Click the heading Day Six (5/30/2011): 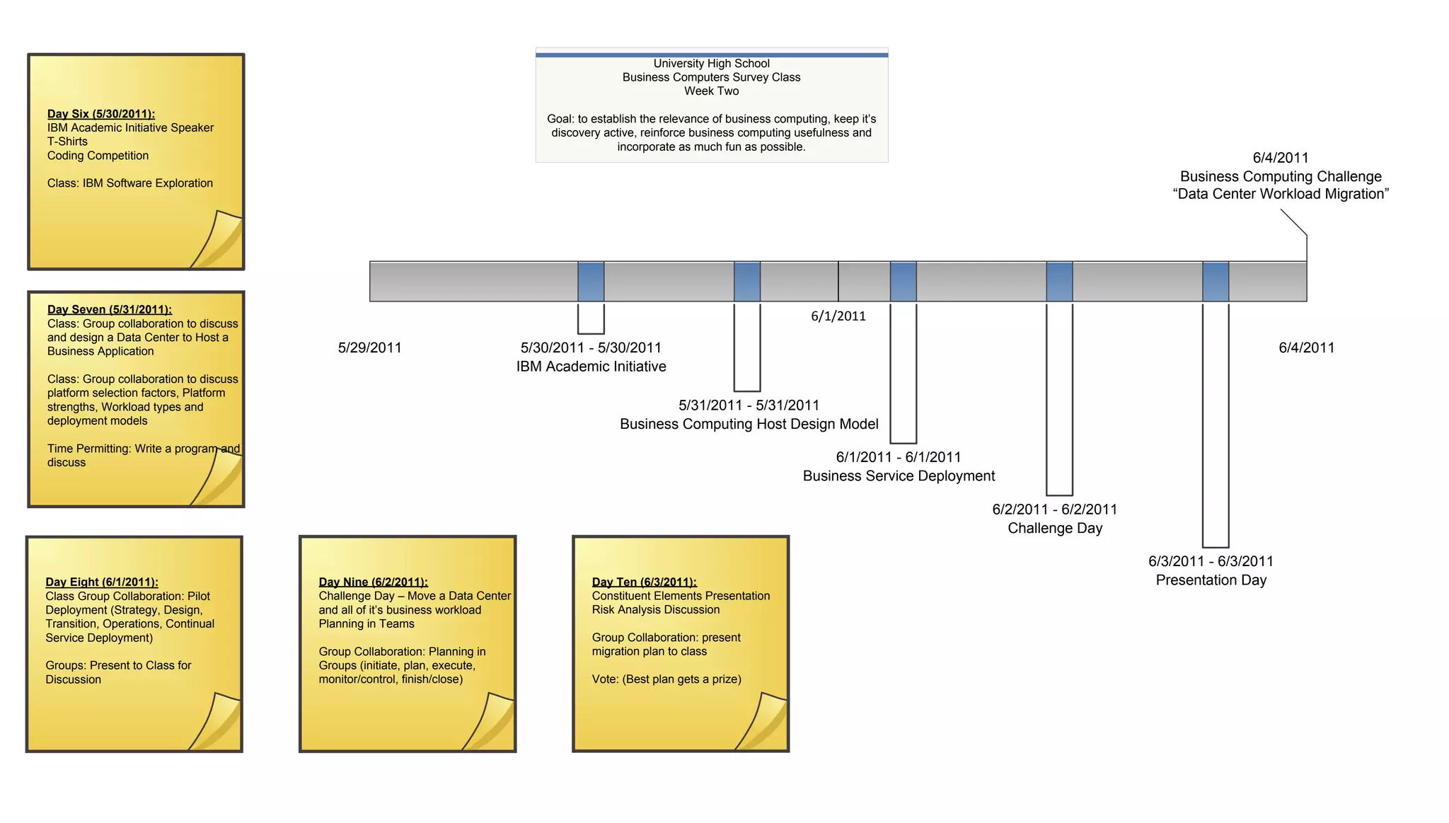(101, 114)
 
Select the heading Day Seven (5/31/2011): (110, 309)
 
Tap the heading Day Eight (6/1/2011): (102, 582)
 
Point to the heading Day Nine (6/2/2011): (373, 582)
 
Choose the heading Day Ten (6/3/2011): (644, 582)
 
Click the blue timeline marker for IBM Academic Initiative (591, 282)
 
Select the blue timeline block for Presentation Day (1216, 282)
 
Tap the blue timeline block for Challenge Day (1059, 282)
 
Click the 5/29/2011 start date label (369, 347)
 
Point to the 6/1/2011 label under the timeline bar (838, 316)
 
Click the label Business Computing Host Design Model (749, 424)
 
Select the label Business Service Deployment (899, 476)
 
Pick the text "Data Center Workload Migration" (1281, 194)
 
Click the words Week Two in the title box (711, 91)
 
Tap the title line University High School (711, 64)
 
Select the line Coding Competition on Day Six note (98, 156)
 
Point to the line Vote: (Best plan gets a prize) (666, 679)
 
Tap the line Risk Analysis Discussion (656, 610)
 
